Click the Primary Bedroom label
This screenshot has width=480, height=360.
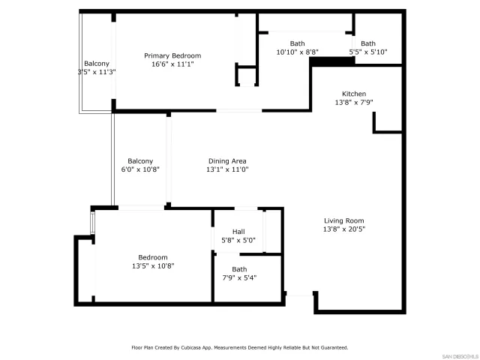(172, 55)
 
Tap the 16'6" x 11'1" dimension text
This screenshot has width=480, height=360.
(172, 64)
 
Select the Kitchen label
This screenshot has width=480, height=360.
(353, 94)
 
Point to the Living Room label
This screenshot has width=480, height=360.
(344, 220)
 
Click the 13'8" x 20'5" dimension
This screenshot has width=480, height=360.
(344, 229)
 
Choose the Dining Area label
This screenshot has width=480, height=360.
(227, 161)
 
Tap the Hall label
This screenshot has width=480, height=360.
(238, 232)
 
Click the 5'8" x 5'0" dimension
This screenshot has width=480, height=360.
(238, 241)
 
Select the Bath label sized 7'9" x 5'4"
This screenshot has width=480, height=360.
(239, 269)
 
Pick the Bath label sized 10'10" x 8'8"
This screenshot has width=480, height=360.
(298, 43)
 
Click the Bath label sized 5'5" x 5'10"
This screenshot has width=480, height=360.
(368, 43)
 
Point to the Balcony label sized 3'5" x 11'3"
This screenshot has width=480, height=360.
(96, 64)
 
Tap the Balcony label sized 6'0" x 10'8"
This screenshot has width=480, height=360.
(140, 161)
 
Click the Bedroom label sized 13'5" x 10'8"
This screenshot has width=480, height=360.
(153, 257)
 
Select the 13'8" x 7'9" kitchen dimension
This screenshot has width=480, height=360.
(353, 103)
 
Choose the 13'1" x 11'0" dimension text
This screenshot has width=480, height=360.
(227, 170)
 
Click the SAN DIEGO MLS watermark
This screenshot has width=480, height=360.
(458, 355)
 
